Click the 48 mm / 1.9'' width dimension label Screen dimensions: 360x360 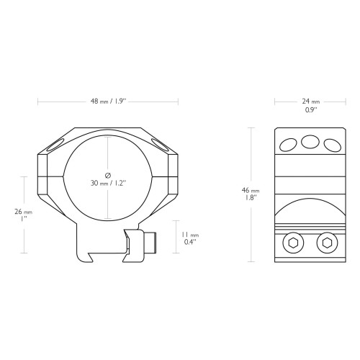tap(108, 102)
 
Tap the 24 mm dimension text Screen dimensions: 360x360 tap(311, 102)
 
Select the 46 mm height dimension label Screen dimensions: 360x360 tap(251, 190)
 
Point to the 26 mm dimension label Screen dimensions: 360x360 tap(23, 212)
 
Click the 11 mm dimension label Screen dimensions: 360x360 tap(190, 235)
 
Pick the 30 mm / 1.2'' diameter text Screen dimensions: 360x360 tap(108, 184)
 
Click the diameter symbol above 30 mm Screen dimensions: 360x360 tap(108, 175)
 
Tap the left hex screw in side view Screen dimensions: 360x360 tap(293, 243)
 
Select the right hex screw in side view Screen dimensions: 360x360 tap(327, 243)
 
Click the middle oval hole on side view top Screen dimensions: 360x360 tap(310, 142)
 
